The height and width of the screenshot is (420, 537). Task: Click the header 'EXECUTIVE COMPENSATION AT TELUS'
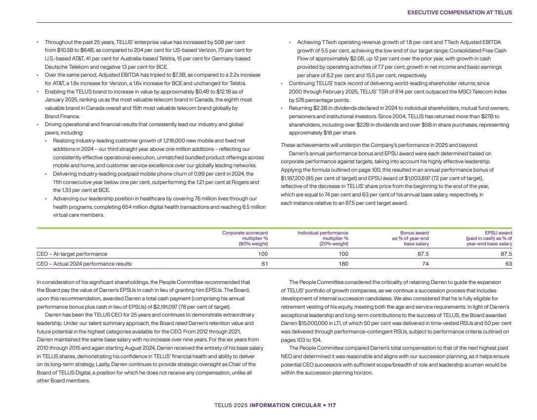pos(459,12)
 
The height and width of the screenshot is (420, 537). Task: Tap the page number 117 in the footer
pos(331,406)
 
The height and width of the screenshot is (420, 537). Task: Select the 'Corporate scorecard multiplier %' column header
pos(245,238)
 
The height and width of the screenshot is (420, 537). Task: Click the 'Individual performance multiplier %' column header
pos(323,238)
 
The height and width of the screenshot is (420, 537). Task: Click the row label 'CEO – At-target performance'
pos(72,254)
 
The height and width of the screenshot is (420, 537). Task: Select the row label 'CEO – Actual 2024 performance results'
pos(84,264)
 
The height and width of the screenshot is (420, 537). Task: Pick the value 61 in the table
pos(265,264)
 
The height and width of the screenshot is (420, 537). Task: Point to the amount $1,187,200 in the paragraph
pos(295,177)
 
